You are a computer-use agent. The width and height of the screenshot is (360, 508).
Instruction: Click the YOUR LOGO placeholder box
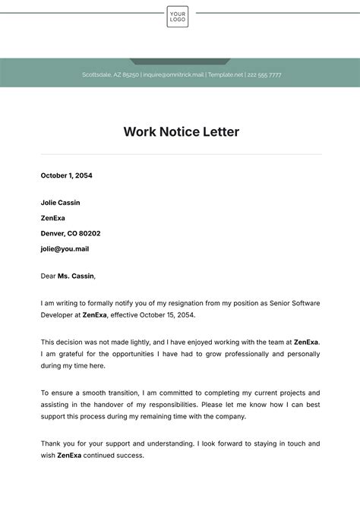pos(178,16)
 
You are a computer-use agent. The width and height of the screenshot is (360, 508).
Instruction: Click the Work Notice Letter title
pos(181,132)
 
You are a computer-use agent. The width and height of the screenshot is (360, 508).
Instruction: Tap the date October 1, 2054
pos(66,175)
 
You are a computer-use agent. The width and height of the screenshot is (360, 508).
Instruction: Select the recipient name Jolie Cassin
pos(60,203)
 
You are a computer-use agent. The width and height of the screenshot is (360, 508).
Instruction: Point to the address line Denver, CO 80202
pos(70,233)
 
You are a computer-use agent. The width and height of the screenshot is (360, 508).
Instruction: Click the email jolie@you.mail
pos(65,248)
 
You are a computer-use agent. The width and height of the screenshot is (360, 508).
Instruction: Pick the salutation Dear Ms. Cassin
pos(68,276)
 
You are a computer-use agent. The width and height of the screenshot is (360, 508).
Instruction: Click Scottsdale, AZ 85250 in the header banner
pos(110,75)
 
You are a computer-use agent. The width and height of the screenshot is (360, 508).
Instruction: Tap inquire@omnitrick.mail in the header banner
pos(173,75)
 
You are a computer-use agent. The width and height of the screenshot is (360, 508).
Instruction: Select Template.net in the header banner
pos(226,75)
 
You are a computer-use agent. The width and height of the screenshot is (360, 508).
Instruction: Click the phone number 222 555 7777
pos(264,75)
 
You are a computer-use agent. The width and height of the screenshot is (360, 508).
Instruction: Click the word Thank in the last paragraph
pos(51,443)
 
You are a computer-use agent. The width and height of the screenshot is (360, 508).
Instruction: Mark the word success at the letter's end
pos(129,456)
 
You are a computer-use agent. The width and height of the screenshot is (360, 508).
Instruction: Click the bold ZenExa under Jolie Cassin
pos(53,218)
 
